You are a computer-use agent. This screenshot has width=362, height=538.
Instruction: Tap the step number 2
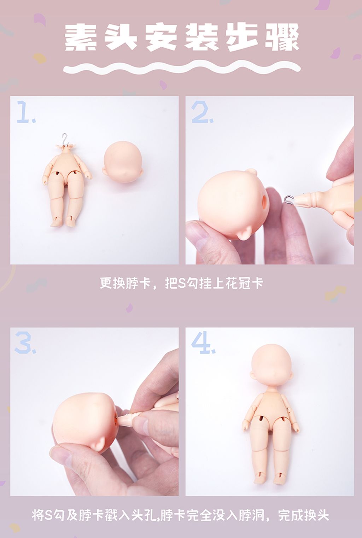tap(202, 112)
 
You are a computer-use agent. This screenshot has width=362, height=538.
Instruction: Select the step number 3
tap(25, 343)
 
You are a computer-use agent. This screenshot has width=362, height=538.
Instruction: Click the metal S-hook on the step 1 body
tap(64, 139)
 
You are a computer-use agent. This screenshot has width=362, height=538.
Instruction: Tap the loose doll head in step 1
tap(123, 162)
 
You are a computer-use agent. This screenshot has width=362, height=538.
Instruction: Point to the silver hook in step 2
tap(289, 200)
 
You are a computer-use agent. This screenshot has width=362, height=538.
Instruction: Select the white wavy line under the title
tap(182, 68)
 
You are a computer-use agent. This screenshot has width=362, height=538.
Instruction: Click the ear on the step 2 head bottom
tap(245, 233)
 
